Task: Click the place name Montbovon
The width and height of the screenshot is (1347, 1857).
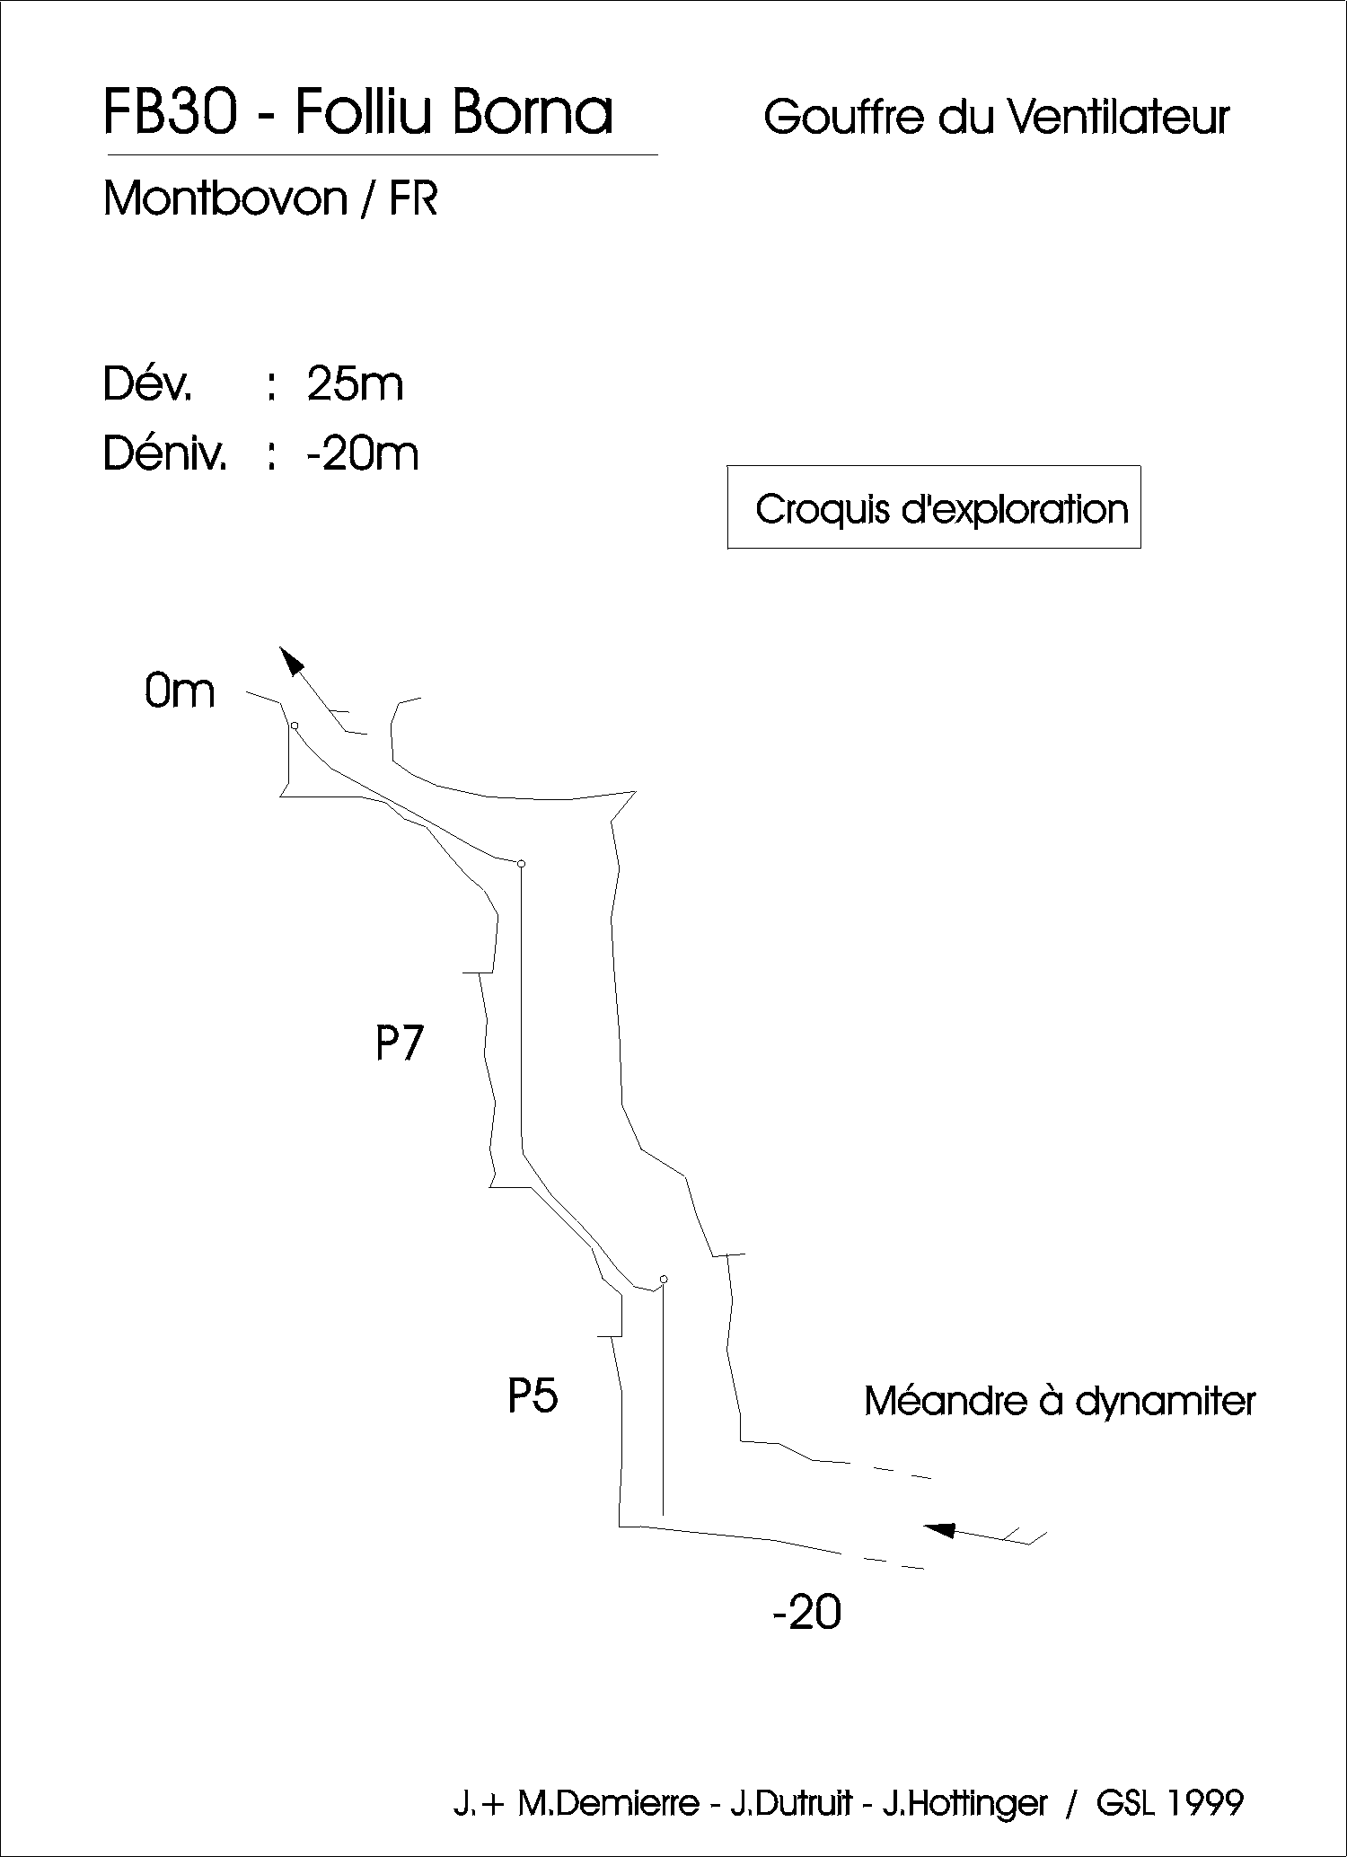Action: [x=225, y=198]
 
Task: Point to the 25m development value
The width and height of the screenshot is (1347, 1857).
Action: [x=355, y=384]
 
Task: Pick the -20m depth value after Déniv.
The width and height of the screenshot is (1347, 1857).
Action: [x=362, y=454]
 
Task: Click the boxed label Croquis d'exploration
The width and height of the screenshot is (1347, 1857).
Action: [x=941, y=509]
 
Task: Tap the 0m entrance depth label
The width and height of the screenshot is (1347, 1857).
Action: [x=180, y=691]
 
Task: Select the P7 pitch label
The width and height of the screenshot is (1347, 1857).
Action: [x=399, y=1043]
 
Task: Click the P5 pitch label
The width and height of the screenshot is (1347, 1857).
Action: [x=533, y=1395]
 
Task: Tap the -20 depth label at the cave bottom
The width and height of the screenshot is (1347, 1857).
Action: [x=806, y=1613]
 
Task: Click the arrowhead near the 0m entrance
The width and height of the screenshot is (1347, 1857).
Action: [x=290, y=659]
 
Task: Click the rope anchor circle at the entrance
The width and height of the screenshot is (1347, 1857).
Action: [x=295, y=725]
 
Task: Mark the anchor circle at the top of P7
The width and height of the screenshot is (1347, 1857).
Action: [x=521, y=863]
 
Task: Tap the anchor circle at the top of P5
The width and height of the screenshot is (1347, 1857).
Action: [x=664, y=1278]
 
